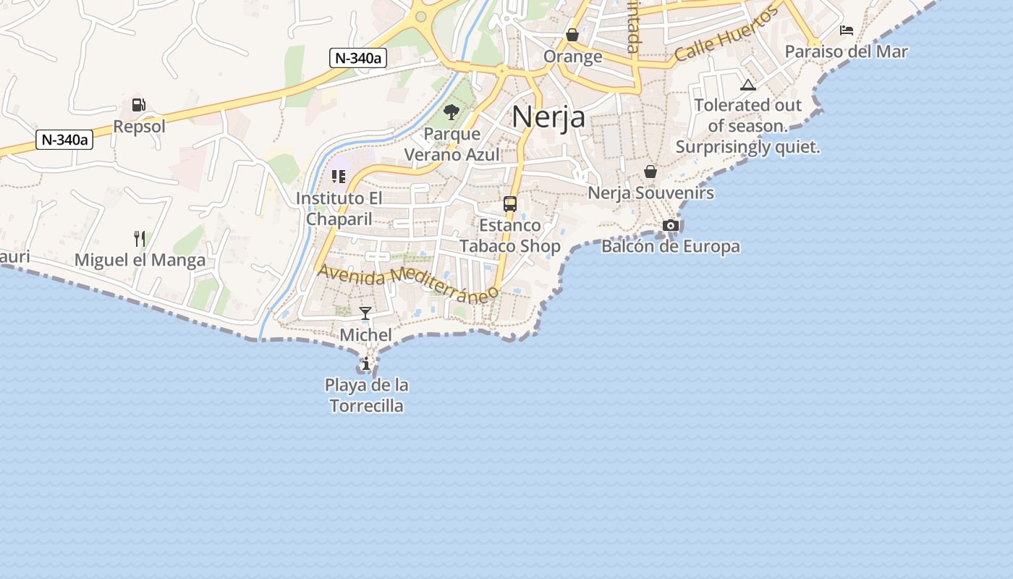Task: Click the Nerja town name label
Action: [x=548, y=117]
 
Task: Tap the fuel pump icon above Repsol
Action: [x=138, y=105]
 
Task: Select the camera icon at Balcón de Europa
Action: [x=671, y=225]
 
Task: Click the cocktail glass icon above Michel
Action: [x=365, y=313]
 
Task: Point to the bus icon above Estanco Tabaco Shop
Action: [x=510, y=204]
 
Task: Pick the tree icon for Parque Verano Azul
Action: [x=452, y=112]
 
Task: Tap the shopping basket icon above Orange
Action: [x=572, y=35]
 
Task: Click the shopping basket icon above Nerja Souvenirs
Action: [x=650, y=172]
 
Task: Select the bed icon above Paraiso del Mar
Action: [x=847, y=30]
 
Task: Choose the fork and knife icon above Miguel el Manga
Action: [x=140, y=238]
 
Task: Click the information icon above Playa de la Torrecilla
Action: [x=366, y=363]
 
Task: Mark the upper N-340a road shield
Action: [x=358, y=59]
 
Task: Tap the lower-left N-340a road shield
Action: [x=64, y=140]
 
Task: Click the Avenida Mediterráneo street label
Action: [x=408, y=282]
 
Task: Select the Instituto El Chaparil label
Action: [x=339, y=208]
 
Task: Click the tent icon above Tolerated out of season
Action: [x=748, y=85]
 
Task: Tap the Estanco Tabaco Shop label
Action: [x=510, y=236]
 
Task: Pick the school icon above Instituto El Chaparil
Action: [x=339, y=176]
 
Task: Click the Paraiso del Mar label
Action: [x=846, y=52]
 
